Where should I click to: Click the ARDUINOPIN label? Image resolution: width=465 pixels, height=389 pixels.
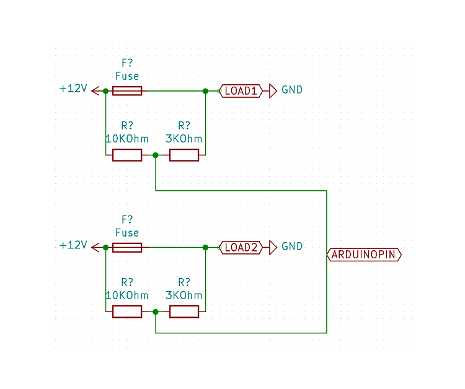[x=365, y=255]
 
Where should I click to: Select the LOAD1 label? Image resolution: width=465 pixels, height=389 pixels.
[x=241, y=90]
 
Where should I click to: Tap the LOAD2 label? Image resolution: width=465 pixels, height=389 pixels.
[x=241, y=247]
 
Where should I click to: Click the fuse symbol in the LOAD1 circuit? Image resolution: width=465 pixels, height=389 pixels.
[x=127, y=91]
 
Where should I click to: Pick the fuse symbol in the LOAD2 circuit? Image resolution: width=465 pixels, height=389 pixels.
[x=127, y=248]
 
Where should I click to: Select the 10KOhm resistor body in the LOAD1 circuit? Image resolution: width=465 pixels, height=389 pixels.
[x=127, y=155]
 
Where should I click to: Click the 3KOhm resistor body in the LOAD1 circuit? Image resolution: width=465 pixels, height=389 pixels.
[x=184, y=155]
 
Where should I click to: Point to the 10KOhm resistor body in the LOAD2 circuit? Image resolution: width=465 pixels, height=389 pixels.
[x=127, y=312]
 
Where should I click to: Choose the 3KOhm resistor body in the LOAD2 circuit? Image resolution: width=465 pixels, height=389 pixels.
[x=184, y=312]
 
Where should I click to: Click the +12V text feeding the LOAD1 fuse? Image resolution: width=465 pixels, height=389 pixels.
[x=73, y=89]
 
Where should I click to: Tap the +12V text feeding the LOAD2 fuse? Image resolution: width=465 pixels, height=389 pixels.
[x=73, y=245]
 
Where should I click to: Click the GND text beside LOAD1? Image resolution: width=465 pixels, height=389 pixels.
[x=292, y=90]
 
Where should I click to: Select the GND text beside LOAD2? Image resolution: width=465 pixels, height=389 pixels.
[x=292, y=247]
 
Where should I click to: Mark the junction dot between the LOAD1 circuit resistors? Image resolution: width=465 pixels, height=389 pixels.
[x=156, y=155]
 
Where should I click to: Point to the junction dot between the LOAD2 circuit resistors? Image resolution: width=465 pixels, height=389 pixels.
[x=156, y=312]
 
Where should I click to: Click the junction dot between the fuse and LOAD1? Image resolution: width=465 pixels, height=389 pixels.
[x=205, y=91]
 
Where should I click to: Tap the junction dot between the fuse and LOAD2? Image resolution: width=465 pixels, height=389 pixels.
[x=205, y=248]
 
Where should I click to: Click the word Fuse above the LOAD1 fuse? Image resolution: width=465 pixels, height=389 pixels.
[x=127, y=76]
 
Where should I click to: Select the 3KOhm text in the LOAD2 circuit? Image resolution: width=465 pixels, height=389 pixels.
[x=184, y=295]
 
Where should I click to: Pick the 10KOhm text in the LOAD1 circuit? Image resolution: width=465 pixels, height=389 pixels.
[x=127, y=139]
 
